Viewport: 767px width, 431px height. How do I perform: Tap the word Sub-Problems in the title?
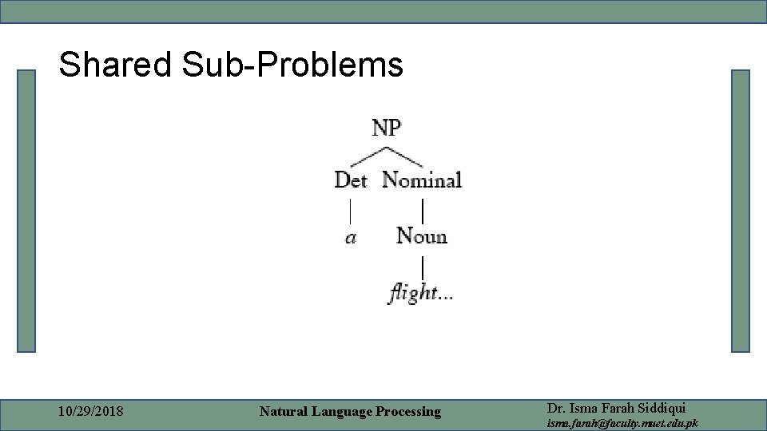click(x=292, y=65)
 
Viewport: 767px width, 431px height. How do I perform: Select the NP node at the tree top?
click(x=387, y=128)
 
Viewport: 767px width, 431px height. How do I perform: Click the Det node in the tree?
click(x=350, y=180)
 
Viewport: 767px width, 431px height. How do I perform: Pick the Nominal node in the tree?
click(x=422, y=180)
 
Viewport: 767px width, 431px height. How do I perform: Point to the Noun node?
click(x=422, y=236)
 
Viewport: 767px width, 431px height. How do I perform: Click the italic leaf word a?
click(x=351, y=238)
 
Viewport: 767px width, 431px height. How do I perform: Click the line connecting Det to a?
click(x=350, y=211)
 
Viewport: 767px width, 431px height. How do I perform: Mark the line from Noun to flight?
click(x=422, y=266)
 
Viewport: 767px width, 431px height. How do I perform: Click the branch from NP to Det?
click(x=368, y=156)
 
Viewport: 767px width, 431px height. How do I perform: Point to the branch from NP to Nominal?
click(x=405, y=155)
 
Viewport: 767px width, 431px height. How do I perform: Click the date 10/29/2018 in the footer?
click(x=91, y=412)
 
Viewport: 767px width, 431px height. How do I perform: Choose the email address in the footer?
click(x=622, y=423)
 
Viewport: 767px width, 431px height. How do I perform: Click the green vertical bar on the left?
click(x=27, y=211)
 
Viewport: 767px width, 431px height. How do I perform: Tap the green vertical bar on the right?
click(x=741, y=211)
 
